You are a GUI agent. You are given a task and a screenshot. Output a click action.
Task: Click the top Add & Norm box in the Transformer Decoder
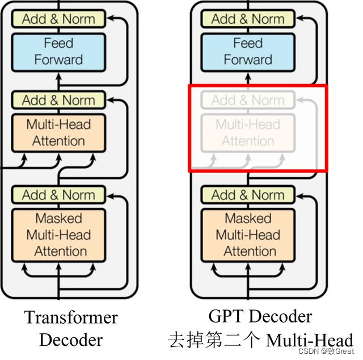click(58, 19)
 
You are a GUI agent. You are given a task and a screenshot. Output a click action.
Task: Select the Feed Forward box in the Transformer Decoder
click(58, 52)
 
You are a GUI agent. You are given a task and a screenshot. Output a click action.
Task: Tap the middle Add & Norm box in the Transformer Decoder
click(58, 100)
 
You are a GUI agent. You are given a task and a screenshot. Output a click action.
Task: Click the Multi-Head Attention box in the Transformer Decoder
click(58, 133)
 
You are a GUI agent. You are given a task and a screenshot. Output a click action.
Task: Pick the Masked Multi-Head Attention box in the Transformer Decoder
click(58, 235)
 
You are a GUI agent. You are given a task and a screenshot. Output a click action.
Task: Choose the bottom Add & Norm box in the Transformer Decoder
click(58, 195)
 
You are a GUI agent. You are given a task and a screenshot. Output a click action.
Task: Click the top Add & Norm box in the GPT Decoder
click(248, 19)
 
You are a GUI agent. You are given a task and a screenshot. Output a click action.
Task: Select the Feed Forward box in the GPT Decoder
click(248, 52)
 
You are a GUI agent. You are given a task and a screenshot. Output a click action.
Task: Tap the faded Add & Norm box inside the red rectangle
click(248, 100)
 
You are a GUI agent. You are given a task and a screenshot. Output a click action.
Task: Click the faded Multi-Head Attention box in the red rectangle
click(248, 133)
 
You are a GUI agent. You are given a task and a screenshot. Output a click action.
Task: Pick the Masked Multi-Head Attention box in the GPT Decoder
click(248, 235)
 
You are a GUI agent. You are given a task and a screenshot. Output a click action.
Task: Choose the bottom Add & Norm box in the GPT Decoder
click(248, 195)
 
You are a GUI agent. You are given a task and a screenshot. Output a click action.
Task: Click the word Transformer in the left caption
click(71, 317)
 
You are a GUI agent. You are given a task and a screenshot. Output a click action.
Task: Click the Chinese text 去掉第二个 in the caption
click(214, 340)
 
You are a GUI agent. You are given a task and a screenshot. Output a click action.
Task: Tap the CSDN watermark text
click(326, 351)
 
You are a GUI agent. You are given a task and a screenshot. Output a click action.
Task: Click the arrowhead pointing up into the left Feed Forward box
click(59, 77)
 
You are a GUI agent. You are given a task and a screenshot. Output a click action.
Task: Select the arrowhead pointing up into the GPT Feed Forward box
click(248, 77)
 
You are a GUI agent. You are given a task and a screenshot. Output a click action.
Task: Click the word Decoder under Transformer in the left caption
click(71, 340)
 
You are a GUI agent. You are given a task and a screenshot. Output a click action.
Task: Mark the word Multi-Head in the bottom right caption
click(310, 340)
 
